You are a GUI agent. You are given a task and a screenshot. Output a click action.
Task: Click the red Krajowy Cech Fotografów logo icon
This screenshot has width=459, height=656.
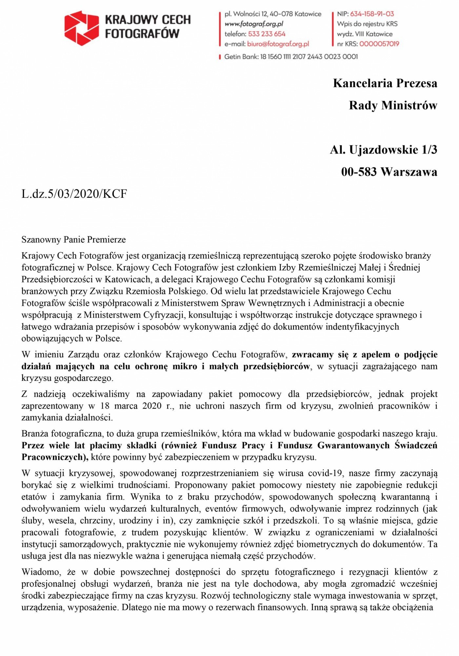pos(81,28)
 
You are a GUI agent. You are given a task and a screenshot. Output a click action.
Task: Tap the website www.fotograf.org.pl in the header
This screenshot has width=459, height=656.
pos(254,24)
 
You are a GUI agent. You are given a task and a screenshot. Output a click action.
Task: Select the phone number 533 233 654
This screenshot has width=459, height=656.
pos(267,34)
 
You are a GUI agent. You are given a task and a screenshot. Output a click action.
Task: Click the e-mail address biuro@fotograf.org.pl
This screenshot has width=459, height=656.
pos(278,44)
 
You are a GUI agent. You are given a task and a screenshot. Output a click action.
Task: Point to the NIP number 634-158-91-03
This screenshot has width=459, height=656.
pos(372,14)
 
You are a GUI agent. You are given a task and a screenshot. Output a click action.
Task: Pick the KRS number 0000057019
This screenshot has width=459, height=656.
pos(379,44)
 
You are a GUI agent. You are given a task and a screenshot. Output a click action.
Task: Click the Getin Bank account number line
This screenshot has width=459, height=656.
pos(290,57)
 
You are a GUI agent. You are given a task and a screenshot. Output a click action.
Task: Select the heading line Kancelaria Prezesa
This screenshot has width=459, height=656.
pos(385,83)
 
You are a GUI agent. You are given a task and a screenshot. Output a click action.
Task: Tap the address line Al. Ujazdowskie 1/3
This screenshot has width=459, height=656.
pos(383,150)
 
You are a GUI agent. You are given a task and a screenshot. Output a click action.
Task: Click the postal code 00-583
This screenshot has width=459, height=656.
pos(359,172)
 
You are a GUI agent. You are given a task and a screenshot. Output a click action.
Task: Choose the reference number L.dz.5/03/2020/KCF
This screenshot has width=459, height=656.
pos(74,194)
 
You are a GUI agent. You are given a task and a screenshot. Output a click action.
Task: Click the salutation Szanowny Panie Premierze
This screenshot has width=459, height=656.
pos(73,240)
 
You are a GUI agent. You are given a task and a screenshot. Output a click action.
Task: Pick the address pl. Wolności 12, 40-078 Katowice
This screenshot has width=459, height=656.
pos(273,14)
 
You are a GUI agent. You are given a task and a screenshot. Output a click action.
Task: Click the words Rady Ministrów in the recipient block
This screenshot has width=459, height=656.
pos(393,106)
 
